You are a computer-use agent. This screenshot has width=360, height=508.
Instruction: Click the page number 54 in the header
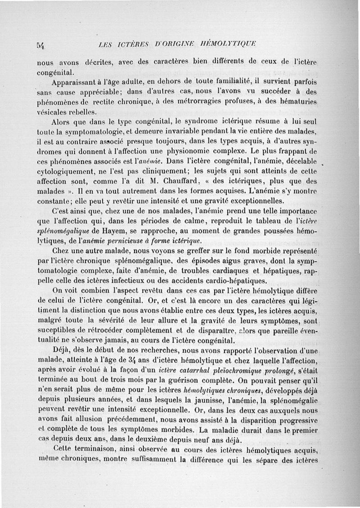click(42, 44)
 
